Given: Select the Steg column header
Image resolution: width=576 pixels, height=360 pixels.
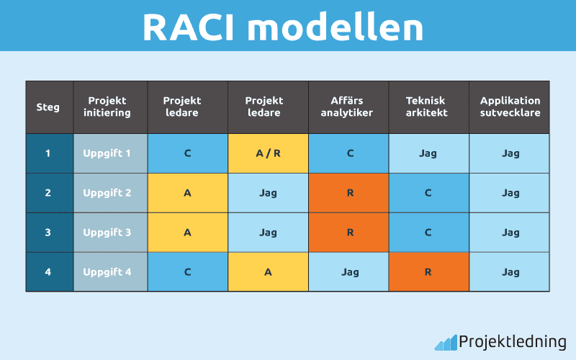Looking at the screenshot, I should pyautogui.click(x=49, y=107).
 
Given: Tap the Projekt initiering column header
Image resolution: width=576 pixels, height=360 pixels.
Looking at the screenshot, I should pyautogui.click(x=109, y=107).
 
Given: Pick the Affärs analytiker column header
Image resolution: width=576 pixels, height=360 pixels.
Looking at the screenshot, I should pyautogui.click(x=348, y=107).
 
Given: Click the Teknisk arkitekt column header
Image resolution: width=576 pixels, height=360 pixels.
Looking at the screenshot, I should pyautogui.click(x=428, y=107).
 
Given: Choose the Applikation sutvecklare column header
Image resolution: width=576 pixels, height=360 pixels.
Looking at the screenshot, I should pyautogui.click(x=510, y=107).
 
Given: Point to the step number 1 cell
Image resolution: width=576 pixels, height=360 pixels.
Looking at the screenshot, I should pyautogui.click(x=49, y=153).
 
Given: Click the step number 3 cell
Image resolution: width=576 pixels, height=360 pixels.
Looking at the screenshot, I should pyautogui.click(x=49, y=233).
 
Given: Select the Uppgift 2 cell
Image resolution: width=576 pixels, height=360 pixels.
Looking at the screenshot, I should pyautogui.click(x=109, y=193).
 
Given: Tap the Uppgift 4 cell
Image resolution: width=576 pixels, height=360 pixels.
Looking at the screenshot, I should pyautogui.click(x=109, y=272).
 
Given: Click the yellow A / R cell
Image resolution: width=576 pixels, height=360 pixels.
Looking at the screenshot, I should pyautogui.click(x=268, y=153).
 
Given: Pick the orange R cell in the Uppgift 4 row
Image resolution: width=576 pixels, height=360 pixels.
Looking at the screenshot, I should pyautogui.click(x=428, y=272).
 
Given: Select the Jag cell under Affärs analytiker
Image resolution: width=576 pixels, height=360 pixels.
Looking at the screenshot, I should pyautogui.click(x=348, y=272).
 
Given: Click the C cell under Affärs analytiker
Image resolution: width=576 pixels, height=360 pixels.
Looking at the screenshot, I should pyautogui.click(x=348, y=153).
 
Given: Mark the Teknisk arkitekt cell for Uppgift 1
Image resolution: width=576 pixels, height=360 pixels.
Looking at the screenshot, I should pyautogui.click(x=428, y=153).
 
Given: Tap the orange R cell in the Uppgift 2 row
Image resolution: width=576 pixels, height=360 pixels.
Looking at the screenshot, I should pyautogui.click(x=348, y=193).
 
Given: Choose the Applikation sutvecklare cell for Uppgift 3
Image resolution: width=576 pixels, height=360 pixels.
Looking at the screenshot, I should pyautogui.click(x=510, y=233).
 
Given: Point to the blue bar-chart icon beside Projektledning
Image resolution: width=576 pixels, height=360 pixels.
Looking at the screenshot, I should pyautogui.click(x=446, y=343).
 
